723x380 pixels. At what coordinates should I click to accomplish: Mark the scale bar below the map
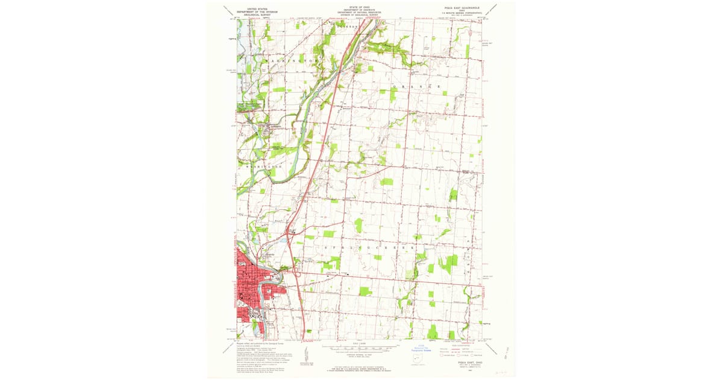(360, 347)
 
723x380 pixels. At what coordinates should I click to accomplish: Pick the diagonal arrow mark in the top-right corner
(492, 9)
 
